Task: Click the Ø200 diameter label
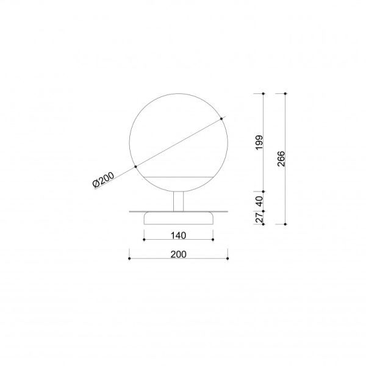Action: [x=104, y=179]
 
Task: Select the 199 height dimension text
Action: [x=259, y=142]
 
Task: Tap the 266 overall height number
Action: [x=281, y=159]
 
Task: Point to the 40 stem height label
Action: [x=259, y=201]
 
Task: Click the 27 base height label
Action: [x=259, y=218]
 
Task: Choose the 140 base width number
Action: [x=178, y=235]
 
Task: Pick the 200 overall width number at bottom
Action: [x=178, y=254]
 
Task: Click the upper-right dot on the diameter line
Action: [x=221, y=119]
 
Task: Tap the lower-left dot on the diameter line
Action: [x=135, y=167]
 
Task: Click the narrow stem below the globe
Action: [x=179, y=201]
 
